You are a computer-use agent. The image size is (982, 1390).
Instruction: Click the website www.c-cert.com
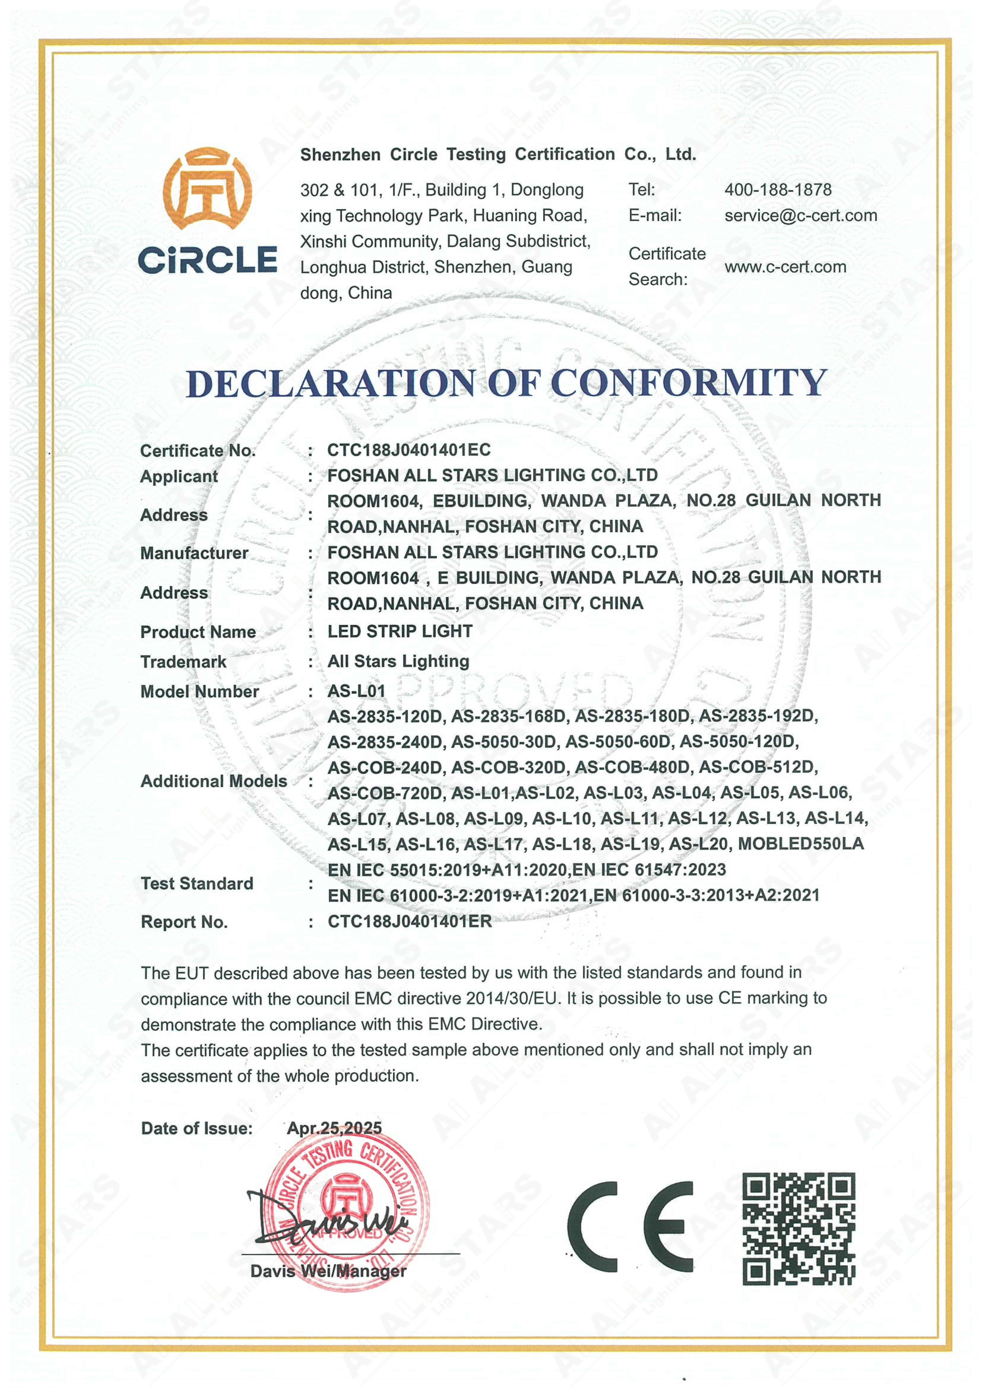click(x=785, y=267)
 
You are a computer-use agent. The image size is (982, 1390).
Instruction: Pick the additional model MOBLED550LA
click(x=801, y=844)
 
